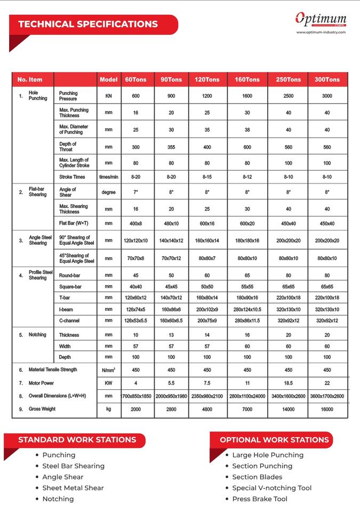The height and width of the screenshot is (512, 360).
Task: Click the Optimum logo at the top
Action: [321, 19]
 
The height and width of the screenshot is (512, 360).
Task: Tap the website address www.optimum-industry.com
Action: [321, 32]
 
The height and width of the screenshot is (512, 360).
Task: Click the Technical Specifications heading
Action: [88, 24]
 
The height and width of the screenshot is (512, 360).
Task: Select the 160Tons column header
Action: [247, 79]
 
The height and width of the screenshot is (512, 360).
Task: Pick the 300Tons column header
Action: [327, 79]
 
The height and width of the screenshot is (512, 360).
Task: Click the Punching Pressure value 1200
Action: [207, 96]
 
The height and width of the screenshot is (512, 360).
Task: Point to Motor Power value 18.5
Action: [288, 383]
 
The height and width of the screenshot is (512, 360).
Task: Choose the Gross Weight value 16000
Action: [327, 409]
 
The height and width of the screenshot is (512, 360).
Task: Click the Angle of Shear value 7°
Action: [135, 192]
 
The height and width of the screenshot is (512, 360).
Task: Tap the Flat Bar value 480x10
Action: [171, 223]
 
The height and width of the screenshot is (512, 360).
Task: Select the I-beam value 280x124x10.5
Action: [247, 309]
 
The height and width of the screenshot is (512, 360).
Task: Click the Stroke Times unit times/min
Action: [109, 177]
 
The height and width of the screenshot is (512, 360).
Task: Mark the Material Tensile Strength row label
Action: [53, 370]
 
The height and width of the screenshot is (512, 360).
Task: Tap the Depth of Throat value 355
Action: [171, 147]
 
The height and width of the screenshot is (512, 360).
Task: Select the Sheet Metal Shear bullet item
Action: [73, 488]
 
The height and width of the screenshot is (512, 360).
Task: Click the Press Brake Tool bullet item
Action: [260, 499]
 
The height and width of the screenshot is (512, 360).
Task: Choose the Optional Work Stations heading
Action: [274, 440]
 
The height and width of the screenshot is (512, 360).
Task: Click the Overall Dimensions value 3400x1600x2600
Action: [288, 396]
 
